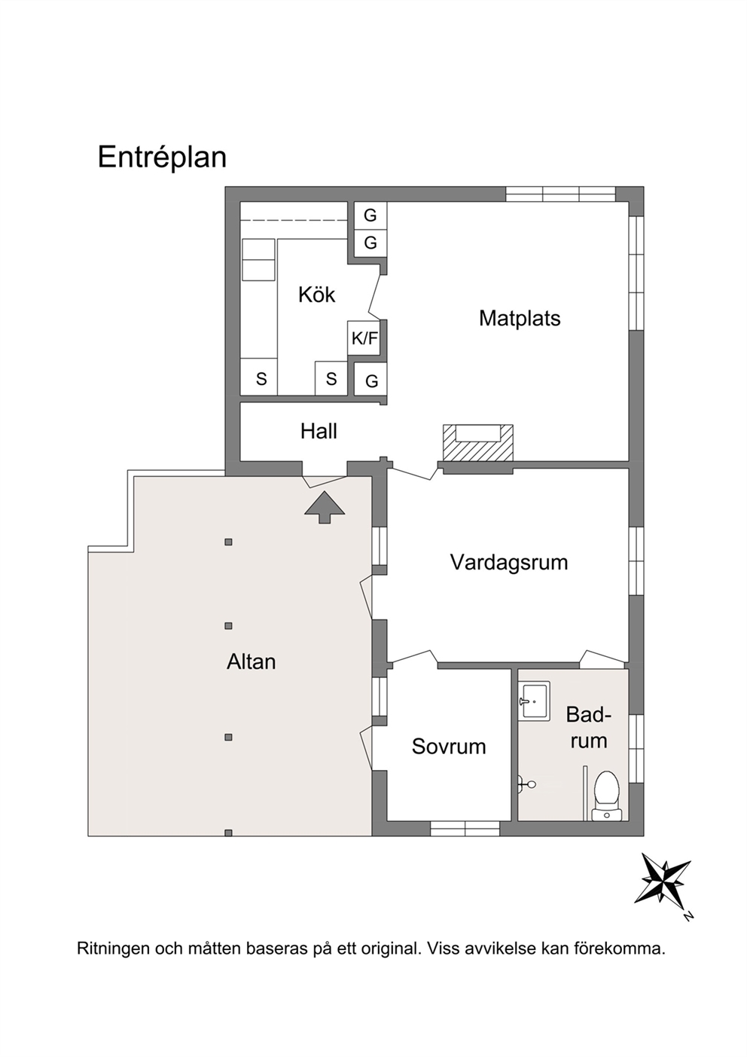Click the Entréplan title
(162, 157)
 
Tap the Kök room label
(316, 295)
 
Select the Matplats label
(520, 319)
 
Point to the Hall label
(319, 431)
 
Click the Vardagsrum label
(509, 563)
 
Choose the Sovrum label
(449, 747)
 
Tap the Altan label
(251, 661)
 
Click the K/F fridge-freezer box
(364, 338)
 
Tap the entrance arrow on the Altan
(325, 507)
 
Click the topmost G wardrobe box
(370, 215)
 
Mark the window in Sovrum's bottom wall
(465, 829)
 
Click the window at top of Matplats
(560, 194)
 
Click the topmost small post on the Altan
(228, 542)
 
